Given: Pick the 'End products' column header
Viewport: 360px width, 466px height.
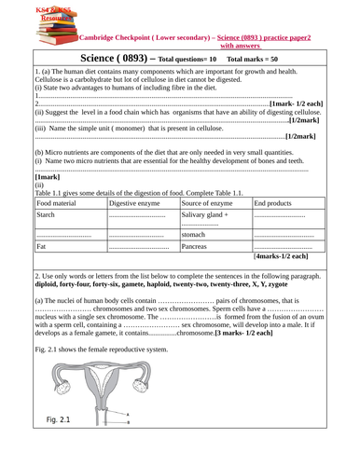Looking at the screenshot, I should pyautogui.click(x=278, y=202).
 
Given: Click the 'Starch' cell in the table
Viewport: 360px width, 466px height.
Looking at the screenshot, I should pyautogui.click(x=47, y=214).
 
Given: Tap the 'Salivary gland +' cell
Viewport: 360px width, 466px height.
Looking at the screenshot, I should pyautogui.click(x=208, y=214).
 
